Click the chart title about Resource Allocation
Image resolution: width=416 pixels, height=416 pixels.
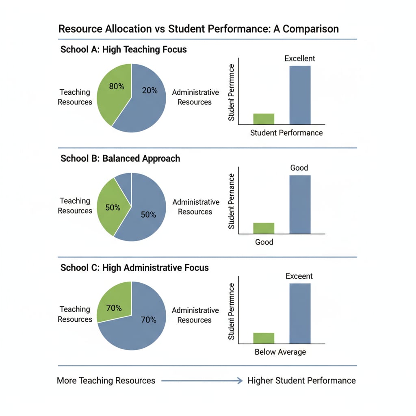(199, 29)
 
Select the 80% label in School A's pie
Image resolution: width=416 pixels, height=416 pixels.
(117, 86)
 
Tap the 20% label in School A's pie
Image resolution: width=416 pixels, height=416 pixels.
(150, 91)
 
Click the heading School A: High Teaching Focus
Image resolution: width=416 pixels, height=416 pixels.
(123, 50)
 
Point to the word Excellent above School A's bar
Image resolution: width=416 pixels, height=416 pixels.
(300, 58)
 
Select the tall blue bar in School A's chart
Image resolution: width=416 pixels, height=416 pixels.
(300, 95)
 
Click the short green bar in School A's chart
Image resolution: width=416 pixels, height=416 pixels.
(264, 119)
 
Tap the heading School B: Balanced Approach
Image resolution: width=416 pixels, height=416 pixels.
(120, 158)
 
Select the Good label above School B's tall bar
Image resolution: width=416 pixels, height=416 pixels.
(299, 168)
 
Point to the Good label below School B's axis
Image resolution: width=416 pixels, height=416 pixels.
(264, 242)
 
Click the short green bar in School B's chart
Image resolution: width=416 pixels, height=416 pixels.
(264, 228)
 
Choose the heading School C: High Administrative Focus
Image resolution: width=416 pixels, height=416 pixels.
(134, 268)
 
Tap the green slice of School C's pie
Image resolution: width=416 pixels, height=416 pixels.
(114, 303)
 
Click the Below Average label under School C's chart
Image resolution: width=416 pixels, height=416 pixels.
(280, 352)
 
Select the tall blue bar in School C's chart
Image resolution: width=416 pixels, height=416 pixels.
(300, 313)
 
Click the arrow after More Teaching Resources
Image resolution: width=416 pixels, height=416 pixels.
(201, 381)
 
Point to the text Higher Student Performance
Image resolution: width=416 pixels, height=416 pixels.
(301, 381)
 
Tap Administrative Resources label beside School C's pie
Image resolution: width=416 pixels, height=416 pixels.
(195, 315)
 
